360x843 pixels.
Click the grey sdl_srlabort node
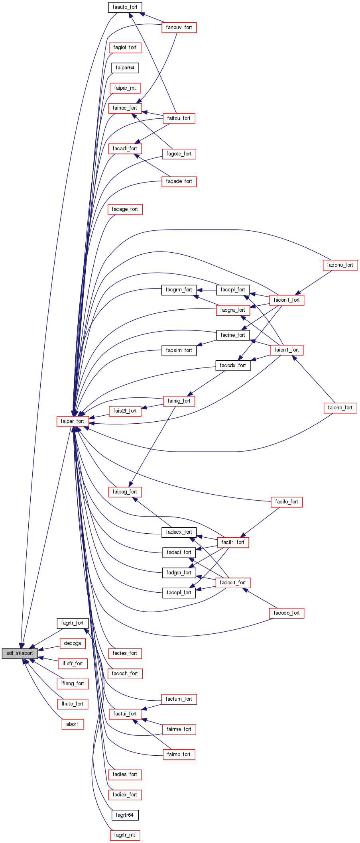[20, 653]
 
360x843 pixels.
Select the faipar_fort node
[72, 421]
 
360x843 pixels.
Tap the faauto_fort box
[125, 7]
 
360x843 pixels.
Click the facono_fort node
[340, 265]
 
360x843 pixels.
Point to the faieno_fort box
[340, 408]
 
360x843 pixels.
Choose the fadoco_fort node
[286, 613]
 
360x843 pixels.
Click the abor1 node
[72, 724]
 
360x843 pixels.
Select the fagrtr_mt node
[124, 835]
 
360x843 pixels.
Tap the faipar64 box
[125, 68]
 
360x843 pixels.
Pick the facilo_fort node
[286, 502]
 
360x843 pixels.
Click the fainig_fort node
[179, 401]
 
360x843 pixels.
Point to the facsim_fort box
[179, 350]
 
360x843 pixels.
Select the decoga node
[72, 643]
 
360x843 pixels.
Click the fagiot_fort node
[125, 47]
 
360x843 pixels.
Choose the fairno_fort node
[179, 755]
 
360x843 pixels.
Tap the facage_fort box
[125, 209]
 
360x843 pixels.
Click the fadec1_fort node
[233, 583]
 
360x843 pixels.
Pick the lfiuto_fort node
[72, 704]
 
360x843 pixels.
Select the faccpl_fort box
[233, 290]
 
